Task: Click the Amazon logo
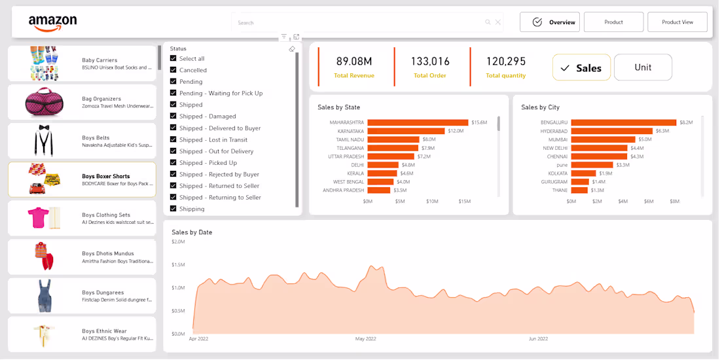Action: (x=52, y=23)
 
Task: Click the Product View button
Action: (x=677, y=22)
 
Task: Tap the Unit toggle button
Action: (x=643, y=67)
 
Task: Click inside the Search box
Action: (x=360, y=23)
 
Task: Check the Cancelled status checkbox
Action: (x=173, y=70)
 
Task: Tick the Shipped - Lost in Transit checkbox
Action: (x=173, y=139)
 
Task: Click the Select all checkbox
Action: (x=173, y=58)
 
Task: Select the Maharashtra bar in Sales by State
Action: (x=418, y=122)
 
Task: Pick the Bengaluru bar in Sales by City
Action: (x=623, y=122)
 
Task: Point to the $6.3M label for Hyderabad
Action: (x=662, y=131)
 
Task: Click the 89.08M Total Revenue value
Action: (x=354, y=62)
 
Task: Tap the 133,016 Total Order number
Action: (x=430, y=62)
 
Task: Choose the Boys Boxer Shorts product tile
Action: (x=82, y=180)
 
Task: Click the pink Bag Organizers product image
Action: (x=43, y=101)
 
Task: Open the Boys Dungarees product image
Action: (x=44, y=295)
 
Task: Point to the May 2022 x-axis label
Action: (x=365, y=339)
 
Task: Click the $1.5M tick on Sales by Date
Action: (x=178, y=264)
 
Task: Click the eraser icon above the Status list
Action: (x=292, y=49)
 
